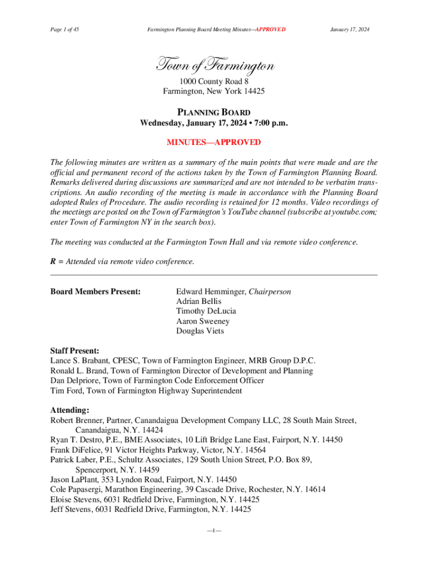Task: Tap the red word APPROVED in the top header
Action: [x=270, y=29]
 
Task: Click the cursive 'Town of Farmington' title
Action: [x=214, y=67]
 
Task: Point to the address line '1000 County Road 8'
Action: [x=213, y=81]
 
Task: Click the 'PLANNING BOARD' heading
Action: [x=213, y=112]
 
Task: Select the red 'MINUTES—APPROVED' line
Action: [x=213, y=142]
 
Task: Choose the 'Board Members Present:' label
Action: [x=95, y=292]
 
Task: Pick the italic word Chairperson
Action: [x=270, y=292]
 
